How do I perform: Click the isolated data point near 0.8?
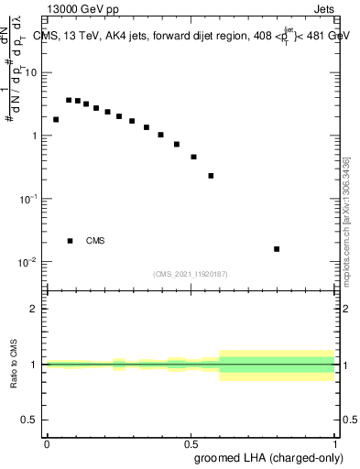coord(277,248)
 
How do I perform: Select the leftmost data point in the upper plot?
coord(56,119)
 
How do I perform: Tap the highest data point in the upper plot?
coord(69,100)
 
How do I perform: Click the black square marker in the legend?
coord(70,241)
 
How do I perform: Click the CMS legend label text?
coord(95,241)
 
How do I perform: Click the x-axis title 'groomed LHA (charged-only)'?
coord(265,456)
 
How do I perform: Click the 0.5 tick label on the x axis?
coord(190,443)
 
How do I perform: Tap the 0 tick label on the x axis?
coord(46,443)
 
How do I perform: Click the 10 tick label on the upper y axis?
coord(31,72)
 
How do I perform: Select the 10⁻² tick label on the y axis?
coord(29,262)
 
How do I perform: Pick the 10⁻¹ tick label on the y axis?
coord(29,199)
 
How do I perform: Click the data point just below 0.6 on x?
coord(211,175)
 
